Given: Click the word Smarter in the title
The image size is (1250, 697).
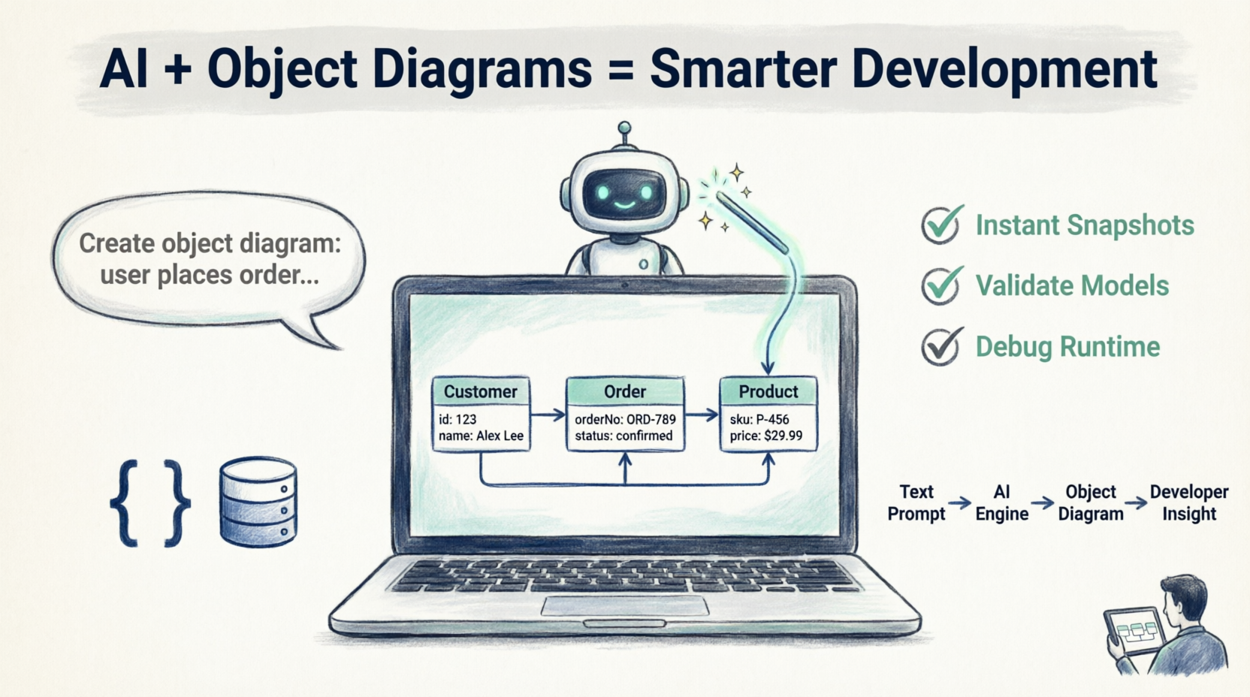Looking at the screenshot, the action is [x=743, y=69].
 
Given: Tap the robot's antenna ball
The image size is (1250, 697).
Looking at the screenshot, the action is [x=624, y=128].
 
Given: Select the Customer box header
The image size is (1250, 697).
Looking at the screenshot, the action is [x=481, y=392].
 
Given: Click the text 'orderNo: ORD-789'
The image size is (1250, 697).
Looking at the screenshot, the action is [x=625, y=419].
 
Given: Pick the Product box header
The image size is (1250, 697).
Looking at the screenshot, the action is [x=768, y=392].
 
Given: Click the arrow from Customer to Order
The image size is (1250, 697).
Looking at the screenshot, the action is [x=548, y=415].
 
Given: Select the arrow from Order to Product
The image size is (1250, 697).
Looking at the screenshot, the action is [x=702, y=415].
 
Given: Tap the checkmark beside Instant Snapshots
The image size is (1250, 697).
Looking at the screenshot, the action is [x=942, y=225].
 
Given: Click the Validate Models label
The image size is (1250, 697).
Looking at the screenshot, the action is [x=1072, y=285].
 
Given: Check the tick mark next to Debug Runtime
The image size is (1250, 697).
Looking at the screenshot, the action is [x=942, y=346].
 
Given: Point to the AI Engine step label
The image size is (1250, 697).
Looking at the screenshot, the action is [x=1001, y=502].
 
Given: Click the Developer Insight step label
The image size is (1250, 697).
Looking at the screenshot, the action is [x=1189, y=502].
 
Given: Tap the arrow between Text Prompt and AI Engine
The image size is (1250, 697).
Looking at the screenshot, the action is [x=960, y=502].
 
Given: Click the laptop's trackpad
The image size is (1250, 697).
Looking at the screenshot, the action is [x=625, y=606].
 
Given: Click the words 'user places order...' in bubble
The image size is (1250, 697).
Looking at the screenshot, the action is [x=210, y=275].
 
